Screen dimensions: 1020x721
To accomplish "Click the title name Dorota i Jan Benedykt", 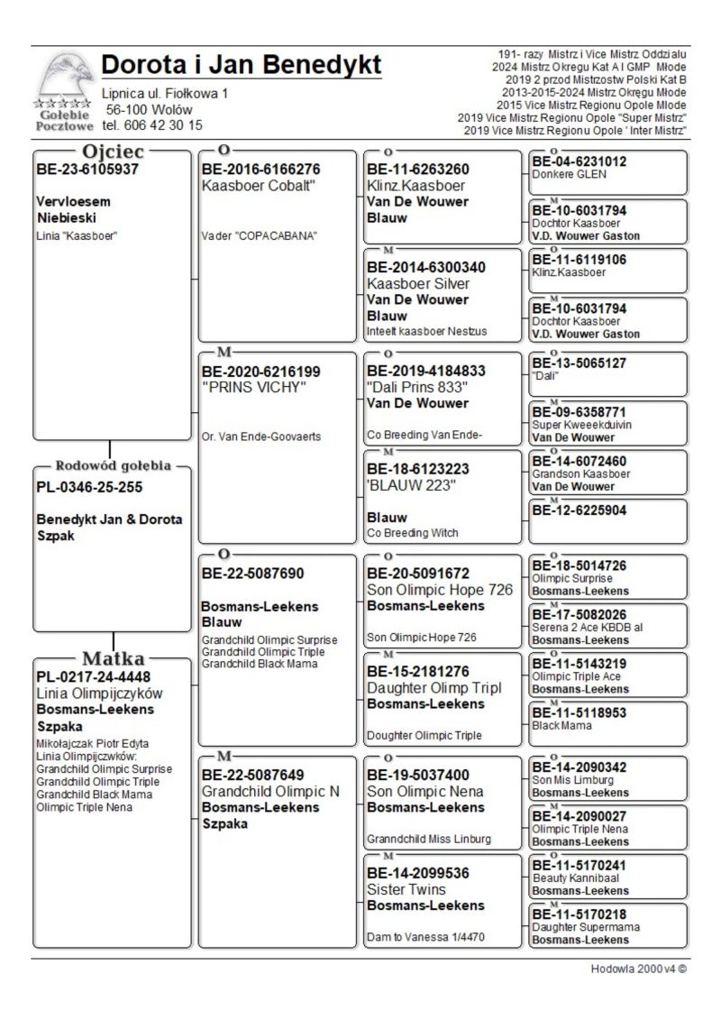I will coord(242,65).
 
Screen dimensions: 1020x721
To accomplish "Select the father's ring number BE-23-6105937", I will coord(87,169).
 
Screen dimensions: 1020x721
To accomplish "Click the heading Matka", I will coord(114,657).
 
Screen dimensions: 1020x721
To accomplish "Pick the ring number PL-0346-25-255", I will coord(90,487).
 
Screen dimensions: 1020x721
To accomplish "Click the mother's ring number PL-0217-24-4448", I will coord(94,676).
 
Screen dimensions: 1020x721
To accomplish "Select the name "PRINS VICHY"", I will coord(254,388).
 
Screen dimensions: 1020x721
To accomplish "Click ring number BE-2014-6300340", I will coord(426,267).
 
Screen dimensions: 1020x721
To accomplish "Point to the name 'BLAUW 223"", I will coord(414,485).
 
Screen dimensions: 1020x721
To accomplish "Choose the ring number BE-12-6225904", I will coord(579,510).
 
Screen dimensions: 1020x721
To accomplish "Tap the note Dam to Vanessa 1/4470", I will coord(425,937).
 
